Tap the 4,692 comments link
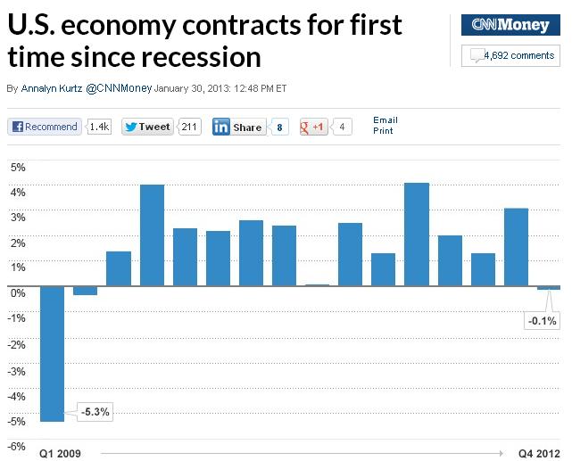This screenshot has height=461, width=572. click(x=518, y=55)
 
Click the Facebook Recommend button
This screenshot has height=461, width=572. click(x=45, y=127)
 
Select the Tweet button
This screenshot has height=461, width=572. click(x=148, y=127)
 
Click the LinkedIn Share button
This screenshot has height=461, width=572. click(x=238, y=127)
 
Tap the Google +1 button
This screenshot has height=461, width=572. click(x=313, y=127)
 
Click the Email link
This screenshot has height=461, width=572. click(x=385, y=119)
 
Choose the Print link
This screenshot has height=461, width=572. click(x=382, y=130)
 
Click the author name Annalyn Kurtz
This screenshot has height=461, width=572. click(x=51, y=89)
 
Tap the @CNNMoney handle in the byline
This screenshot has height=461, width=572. click(x=119, y=89)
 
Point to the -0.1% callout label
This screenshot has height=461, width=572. click(x=542, y=321)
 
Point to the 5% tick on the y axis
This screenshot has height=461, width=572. click(x=18, y=167)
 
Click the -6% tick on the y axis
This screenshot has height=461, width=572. click(x=17, y=446)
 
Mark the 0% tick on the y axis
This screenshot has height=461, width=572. click(x=18, y=292)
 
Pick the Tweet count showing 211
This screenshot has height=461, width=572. click(x=189, y=127)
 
